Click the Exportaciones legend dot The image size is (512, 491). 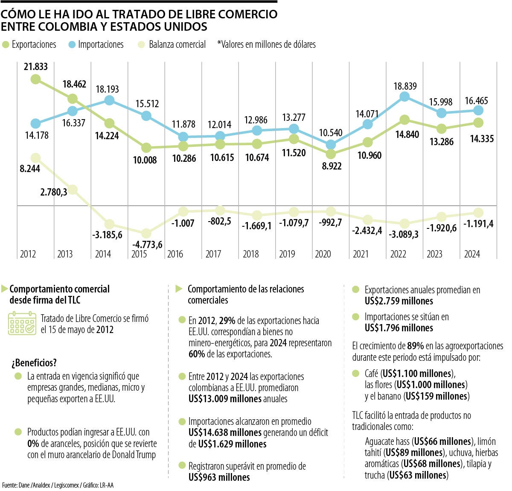[6, 44]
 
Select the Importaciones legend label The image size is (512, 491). [101, 44]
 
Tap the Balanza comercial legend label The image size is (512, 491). [177, 44]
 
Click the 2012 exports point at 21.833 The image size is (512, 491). [36, 79]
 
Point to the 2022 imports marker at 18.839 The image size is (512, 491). [404, 97]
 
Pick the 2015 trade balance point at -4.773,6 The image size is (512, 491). [146, 233]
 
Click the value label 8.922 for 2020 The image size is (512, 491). [332, 166]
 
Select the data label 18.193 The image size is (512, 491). [107, 89]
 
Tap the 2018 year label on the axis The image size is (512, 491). [250, 254]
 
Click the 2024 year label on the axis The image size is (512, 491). [472, 254]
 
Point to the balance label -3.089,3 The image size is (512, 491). [404, 234]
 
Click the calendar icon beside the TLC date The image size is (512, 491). [22, 324]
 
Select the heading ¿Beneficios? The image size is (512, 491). [34, 363]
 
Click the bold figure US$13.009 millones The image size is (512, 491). [225, 399]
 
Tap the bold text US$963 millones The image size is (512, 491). [219, 477]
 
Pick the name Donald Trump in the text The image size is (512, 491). [134, 455]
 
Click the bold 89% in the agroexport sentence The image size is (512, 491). [415, 346]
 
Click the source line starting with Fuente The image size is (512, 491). [58, 485]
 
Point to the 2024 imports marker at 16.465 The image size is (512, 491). [478, 110]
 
